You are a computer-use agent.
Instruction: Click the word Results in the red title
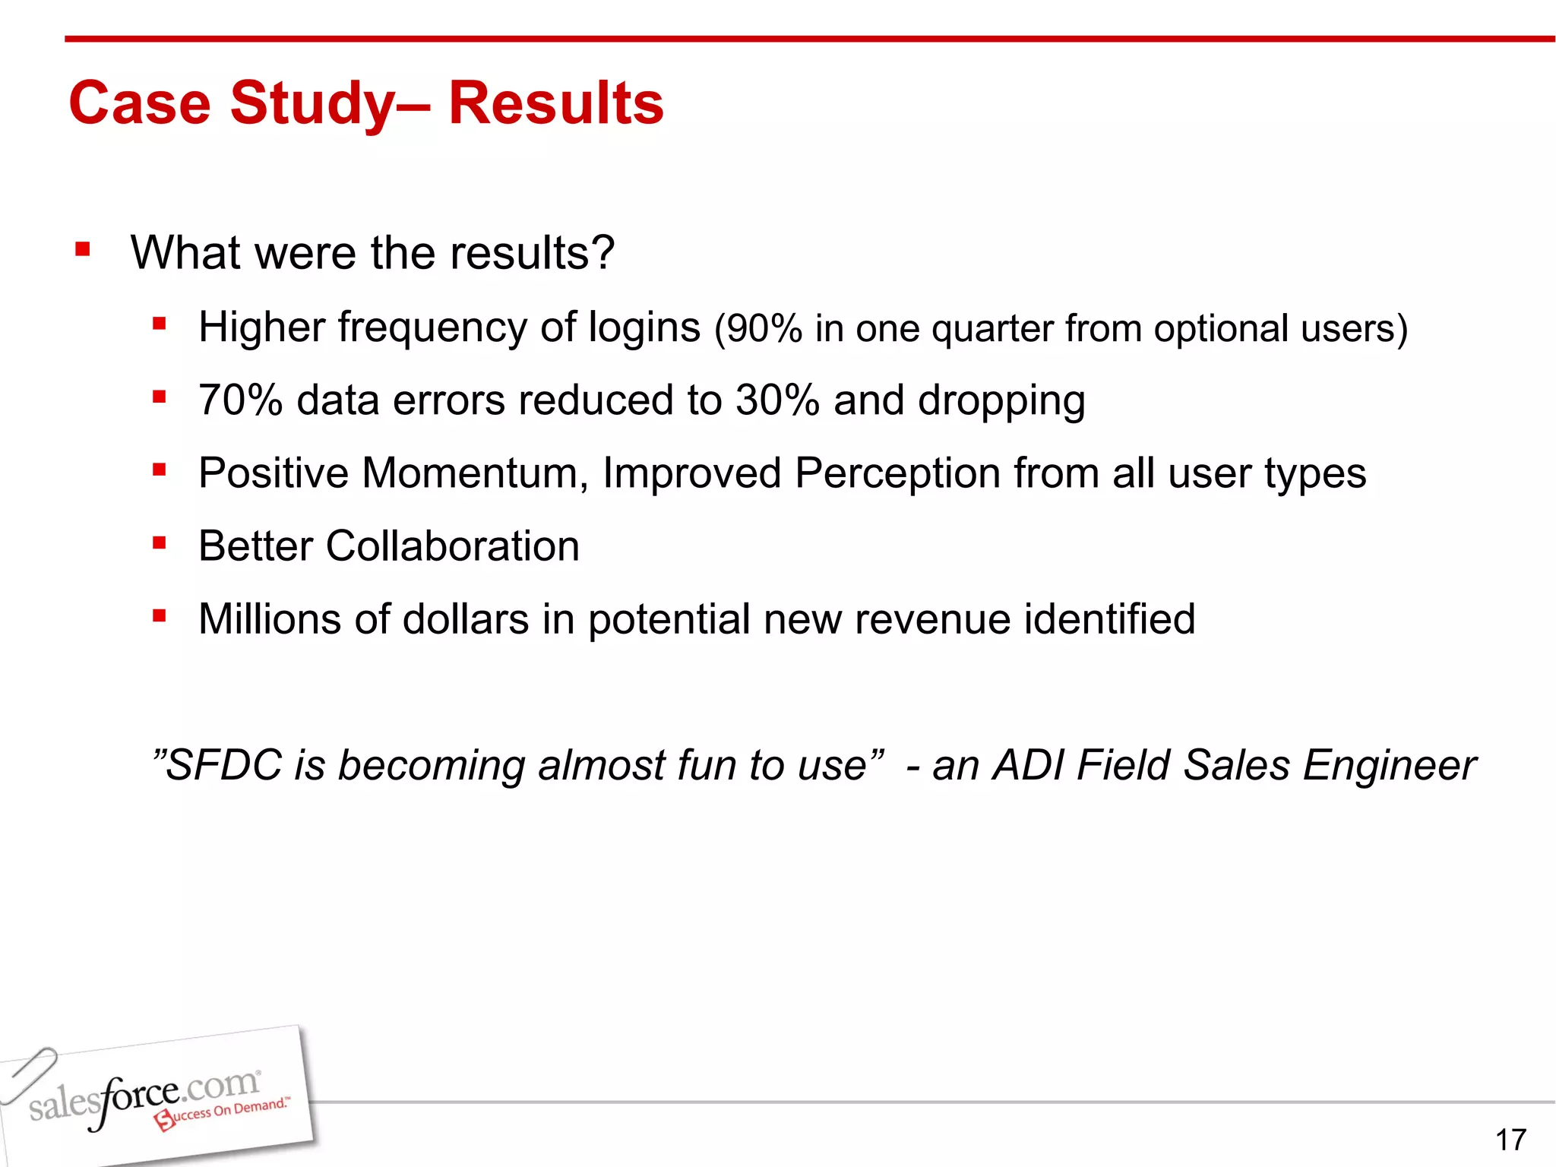[x=556, y=103]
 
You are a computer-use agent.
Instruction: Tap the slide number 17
[x=1510, y=1140]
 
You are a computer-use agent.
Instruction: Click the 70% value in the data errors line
[x=240, y=400]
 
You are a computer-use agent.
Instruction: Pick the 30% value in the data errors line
[x=777, y=400]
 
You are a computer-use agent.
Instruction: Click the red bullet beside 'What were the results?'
[x=83, y=249]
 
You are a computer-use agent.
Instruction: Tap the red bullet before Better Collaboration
[x=159, y=542]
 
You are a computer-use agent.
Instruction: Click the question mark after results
[x=602, y=252]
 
